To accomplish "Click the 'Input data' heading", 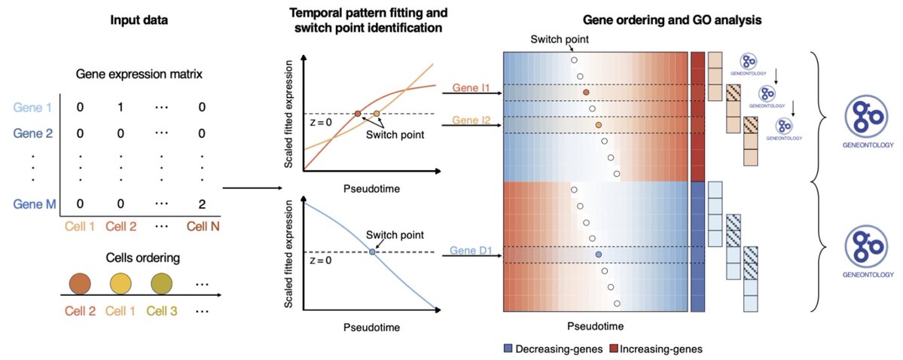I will point(140,20).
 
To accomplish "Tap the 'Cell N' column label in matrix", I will point(201,226).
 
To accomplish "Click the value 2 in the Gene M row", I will point(201,203).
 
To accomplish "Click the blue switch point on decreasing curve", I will point(372,252).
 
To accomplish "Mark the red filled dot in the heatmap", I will point(586,92).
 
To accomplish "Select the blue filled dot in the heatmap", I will point(599,256).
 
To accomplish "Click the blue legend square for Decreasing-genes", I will point(509,349).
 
